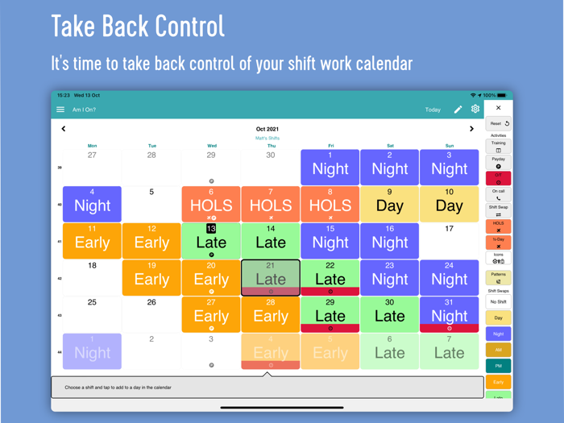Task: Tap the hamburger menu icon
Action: pyautogui.click(x=60, y=110)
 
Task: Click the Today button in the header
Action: pyautogui.click(x=433, y=110)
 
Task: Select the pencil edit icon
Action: pyautogui.click(x=458, y=110)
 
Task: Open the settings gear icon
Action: pyautogui.click(x=475, y=109)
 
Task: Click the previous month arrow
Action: pyautogui.click(x=64, y=129)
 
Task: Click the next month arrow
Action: pyautogui.click(x=471, y=129)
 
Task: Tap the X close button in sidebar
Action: pyautogui.click(x=498, y=108)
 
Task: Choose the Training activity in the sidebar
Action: pyautogui.click(x=498, y=147)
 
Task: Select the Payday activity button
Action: pyautogui.click(x=498, y=163)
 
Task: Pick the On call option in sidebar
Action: pyautogui.click(x=498, y=194)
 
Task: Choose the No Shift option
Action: pyautogui.click(x=498, y=302)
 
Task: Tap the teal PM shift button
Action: pyautogui.click(x=498, y=366)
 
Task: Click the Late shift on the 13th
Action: pyautogui.click(x=211, y=241)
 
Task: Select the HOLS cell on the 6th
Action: pyautogui.click(x=211, y=205)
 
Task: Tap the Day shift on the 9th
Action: pyautogui.click(x=390, y=205)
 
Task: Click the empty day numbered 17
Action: pyautogui.click(x=449, y=241)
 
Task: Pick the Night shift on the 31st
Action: pyautogui.click(x=449, y=314)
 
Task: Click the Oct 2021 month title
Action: pyautogui.click(x=267, y=129)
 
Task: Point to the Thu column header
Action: pyautogui.click(x=271, y=146)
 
